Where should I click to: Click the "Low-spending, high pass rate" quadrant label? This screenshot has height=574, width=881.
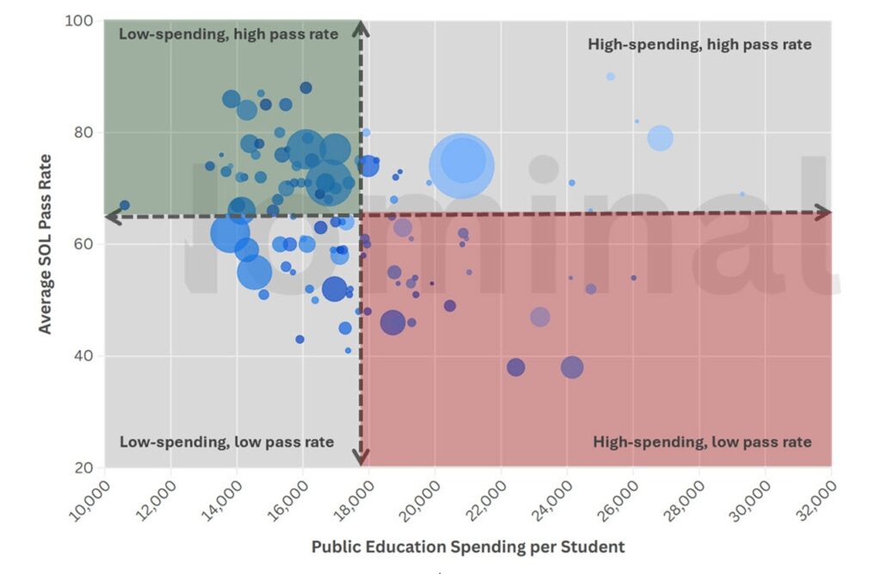pos(229,34)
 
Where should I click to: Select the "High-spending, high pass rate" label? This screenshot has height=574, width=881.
pos(699,44)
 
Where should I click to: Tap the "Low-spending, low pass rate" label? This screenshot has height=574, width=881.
pos(226,441)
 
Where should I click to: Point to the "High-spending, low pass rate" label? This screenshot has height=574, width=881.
pos(702,442)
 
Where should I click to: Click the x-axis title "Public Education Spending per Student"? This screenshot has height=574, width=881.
pos(468,546)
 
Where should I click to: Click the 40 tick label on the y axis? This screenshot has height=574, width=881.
pos(82,355)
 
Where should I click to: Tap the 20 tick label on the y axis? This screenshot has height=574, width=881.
pos(82,467)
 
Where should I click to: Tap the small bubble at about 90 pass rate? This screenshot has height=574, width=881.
pos(611,76)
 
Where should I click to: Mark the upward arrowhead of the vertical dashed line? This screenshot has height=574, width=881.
pos(361,28)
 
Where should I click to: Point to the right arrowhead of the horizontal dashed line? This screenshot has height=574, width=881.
pos(823,212)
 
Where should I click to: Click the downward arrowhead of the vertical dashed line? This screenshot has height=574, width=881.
pos(362,457)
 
